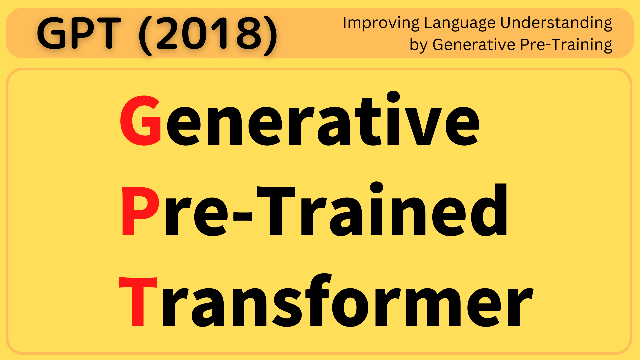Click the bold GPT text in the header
click(x=79, y=33)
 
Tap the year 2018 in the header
click(x=208, y=33)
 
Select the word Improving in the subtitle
click(x=381, y=23)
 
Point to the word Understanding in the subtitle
click(x=556, y=23)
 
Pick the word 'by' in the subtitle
click(x=418, y=45)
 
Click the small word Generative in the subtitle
click(x=474, y=44)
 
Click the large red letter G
click(x=141, y=121)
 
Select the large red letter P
click(x=140, y=211)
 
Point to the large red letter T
click(x=138, y=301)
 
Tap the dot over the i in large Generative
click(x=393, y=97)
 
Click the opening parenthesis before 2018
click(x=145, y=35)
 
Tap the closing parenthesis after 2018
click(x=271, y=35)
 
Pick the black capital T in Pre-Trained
click(x=276, y=211)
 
